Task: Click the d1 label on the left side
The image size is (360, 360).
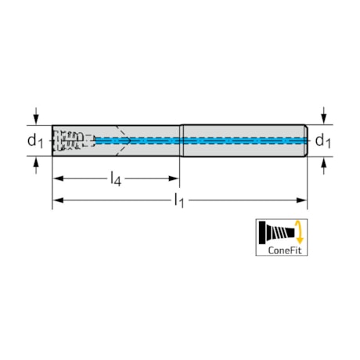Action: coord(34,141)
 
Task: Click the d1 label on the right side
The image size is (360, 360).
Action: coord(322,141)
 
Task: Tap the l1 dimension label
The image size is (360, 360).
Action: coord(179,201)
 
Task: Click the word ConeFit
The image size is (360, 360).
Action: coord(282,250)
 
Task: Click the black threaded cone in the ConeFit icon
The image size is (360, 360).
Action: coord(276,232)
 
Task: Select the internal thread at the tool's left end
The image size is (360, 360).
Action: coord(72,141)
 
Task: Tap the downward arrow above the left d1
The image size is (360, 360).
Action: coord(35,118)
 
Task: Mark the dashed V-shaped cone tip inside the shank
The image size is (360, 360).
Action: coord(119,141)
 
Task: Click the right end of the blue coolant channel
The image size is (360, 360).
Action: coord(302,141)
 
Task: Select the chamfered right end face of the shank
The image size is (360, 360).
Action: coord(305,141)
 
